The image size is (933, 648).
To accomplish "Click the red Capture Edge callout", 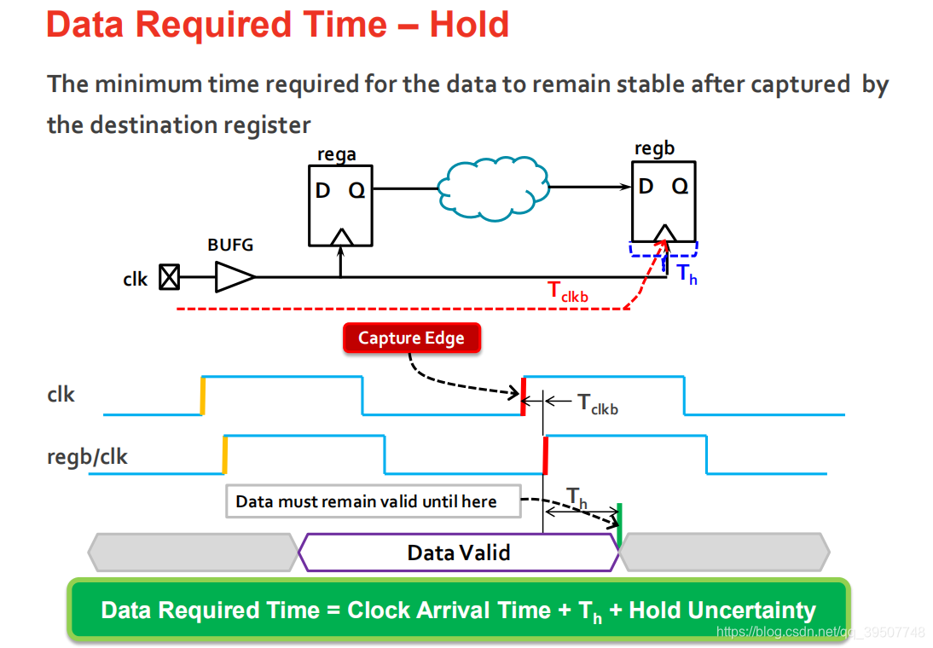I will tap(411, 338).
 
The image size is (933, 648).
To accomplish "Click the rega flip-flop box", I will tap(340, 205).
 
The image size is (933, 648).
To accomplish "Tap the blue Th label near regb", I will tap(687, 274).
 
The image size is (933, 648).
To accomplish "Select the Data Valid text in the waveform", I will tap(459, 553).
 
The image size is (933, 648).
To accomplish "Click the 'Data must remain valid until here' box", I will tap(374, 501).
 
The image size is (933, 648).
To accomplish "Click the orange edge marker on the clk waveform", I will tap(203, 396).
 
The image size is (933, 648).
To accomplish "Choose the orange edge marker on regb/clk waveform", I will tap(224, 454).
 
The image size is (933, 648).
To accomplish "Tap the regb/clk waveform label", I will tap(87, 457).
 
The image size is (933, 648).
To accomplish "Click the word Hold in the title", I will tap(469, 25).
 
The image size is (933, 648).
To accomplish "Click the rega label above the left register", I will tap(337, 154).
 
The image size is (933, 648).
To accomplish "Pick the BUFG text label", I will tap(230, 245).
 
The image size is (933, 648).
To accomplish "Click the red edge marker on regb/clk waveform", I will tap(545, 454).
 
